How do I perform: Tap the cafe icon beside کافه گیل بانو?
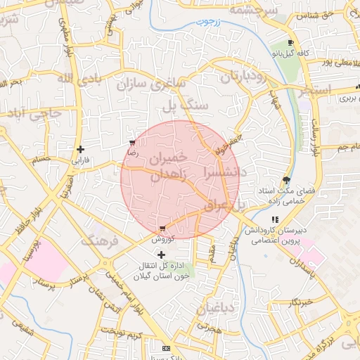(290, 43)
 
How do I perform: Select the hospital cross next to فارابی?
(81, 149)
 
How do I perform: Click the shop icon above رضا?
(132, 142)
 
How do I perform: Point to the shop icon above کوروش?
(163, 229)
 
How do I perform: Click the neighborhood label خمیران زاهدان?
(166, 166)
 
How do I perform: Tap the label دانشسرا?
(224, 171)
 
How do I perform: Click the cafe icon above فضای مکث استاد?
(285, 179)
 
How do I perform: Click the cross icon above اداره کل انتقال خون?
(162, 254)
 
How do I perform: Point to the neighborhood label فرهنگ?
(101, 241)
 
